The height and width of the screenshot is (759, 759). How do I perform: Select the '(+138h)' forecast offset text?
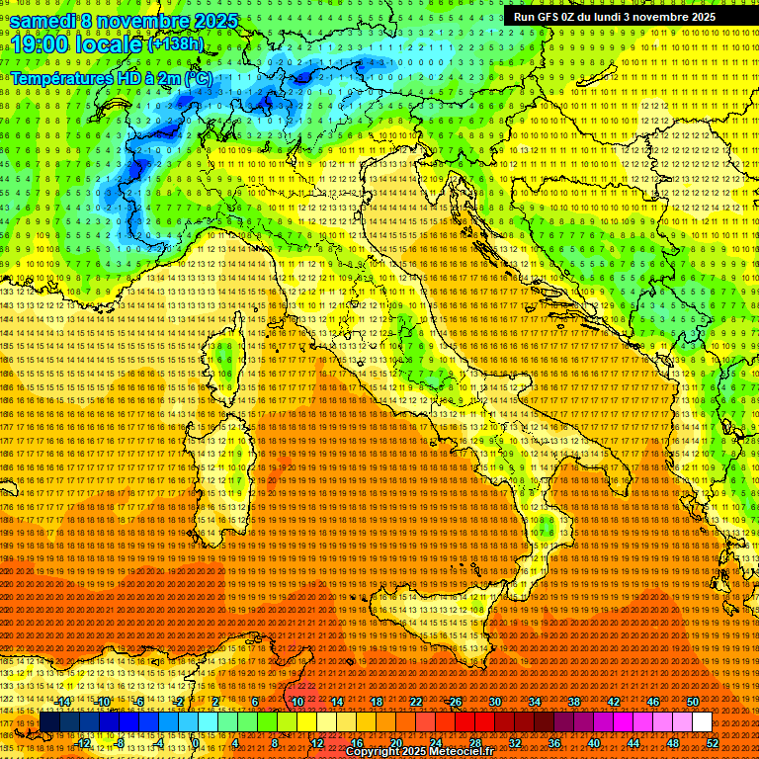[x=176, y=44]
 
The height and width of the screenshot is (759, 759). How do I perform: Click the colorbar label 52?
[x=713, y=742]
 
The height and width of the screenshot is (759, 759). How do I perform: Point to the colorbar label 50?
[x=693, y=703]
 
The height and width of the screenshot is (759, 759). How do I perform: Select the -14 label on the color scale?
[x=63, y=703]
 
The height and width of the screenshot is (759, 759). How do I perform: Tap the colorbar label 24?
[x=436, y=742]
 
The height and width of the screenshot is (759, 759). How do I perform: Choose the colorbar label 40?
[x=594, y=742]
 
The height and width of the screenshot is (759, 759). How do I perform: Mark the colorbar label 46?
[x=653, y=703]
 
